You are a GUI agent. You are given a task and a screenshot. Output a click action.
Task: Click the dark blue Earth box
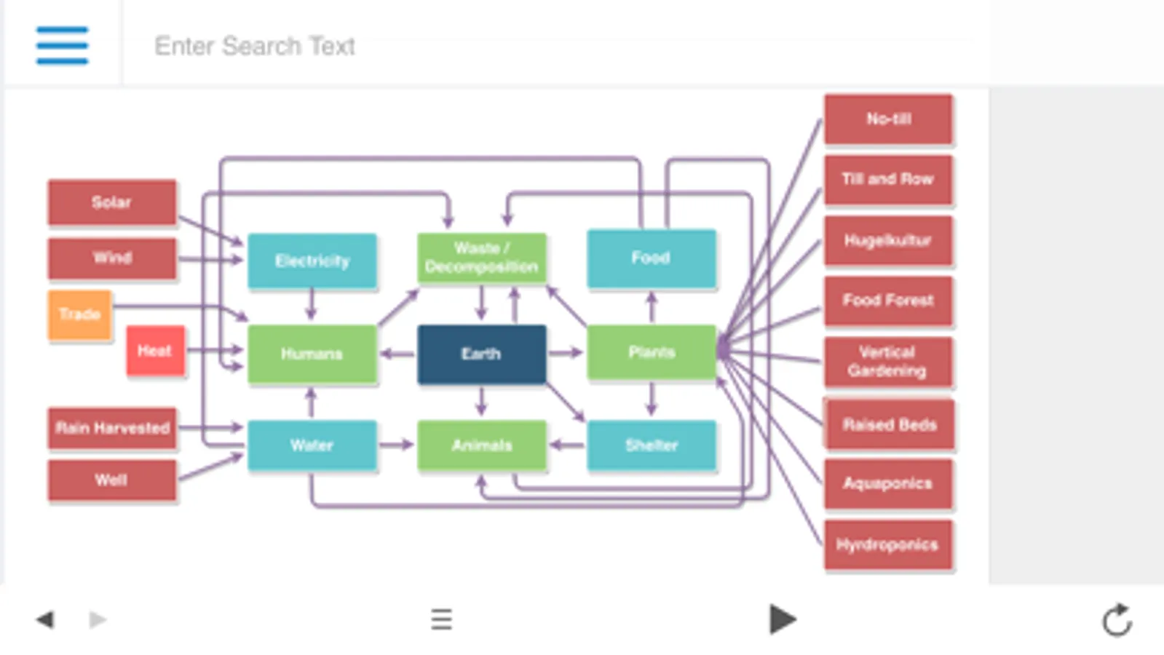(x=481, y=354)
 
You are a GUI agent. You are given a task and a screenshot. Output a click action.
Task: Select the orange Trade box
(x=80, y=314)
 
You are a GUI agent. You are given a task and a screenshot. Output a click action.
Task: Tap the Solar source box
(x=112, y=202)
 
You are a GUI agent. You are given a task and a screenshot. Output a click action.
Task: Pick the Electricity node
(x=312, y=261)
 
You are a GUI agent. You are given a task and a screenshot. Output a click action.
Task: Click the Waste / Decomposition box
(x=481, y=258)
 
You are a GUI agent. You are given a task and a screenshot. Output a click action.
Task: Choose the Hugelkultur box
(x=887, y=241)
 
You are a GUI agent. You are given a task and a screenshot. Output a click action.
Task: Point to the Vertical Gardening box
(x=887, y=362)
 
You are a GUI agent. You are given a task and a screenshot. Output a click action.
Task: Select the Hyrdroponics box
(x=887, y=544)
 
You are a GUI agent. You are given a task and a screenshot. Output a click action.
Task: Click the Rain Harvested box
(x=112, y=428)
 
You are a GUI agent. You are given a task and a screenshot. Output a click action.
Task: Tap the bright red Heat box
(x=155, y=351)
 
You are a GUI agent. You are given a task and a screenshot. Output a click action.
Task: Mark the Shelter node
(x=652, y=445)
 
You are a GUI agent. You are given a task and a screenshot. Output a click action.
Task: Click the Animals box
(x=481, y=445)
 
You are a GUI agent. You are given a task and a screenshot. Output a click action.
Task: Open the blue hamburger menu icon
(x=63, y=45)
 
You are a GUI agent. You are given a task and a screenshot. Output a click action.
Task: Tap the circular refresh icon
(x=1117, y=621)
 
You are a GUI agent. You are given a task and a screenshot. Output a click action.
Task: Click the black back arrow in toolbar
(x=45, y=620)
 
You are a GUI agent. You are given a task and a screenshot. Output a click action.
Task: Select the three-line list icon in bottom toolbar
(x=441, y=620)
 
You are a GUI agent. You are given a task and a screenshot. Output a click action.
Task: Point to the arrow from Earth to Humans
(x=397, y=354)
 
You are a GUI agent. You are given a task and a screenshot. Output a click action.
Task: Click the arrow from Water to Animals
(x=397, y=445)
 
